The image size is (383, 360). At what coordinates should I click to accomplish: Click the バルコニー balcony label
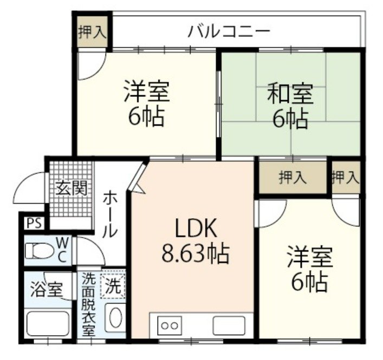pyautogui.click(x=229, y=31)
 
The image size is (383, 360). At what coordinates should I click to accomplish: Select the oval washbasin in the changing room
pyautogui.click(x=114, y=318)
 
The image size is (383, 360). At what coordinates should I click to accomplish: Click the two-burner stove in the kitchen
pyautogui.click(x=170, y=326)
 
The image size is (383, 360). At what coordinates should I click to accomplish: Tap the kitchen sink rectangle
pyautogui.click(x=228, y=326)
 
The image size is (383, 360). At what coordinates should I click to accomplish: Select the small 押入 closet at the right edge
pyautogui.click(x=346, y=176)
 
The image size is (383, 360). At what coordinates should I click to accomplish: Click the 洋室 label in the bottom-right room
pyautogui.click(x=309, y=256)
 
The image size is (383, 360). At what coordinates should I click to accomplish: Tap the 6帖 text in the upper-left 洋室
pyautogui.click(x=146, y=116)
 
